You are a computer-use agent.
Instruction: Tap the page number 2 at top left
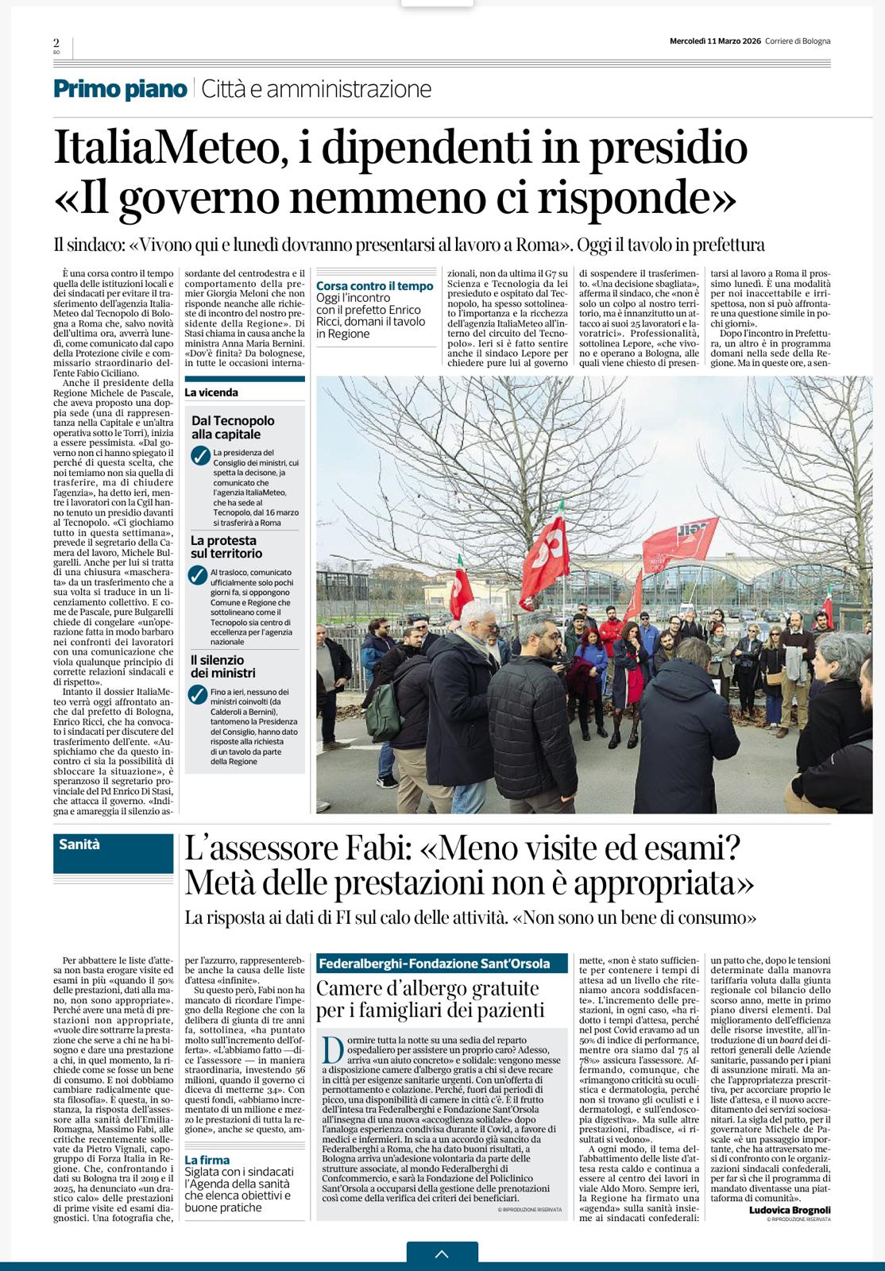(56, 44)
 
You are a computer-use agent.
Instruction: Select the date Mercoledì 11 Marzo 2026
(715, 41)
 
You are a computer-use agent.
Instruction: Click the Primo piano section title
(120, 89)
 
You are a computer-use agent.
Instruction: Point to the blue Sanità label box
(114, 853)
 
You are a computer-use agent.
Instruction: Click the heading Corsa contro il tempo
(375, 286)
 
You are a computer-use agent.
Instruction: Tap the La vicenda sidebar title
(211, 392)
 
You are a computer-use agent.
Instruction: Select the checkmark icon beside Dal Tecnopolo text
(200, 456)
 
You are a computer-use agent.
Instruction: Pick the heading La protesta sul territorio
(226, 547)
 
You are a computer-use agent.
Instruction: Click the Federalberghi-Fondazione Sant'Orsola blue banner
(442, 964)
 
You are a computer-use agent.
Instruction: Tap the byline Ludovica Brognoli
(789, 1210)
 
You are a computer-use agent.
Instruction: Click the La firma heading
(207, 1160)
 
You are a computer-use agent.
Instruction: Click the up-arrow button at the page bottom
(442, 1254)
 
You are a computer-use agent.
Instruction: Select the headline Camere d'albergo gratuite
(427, 989)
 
